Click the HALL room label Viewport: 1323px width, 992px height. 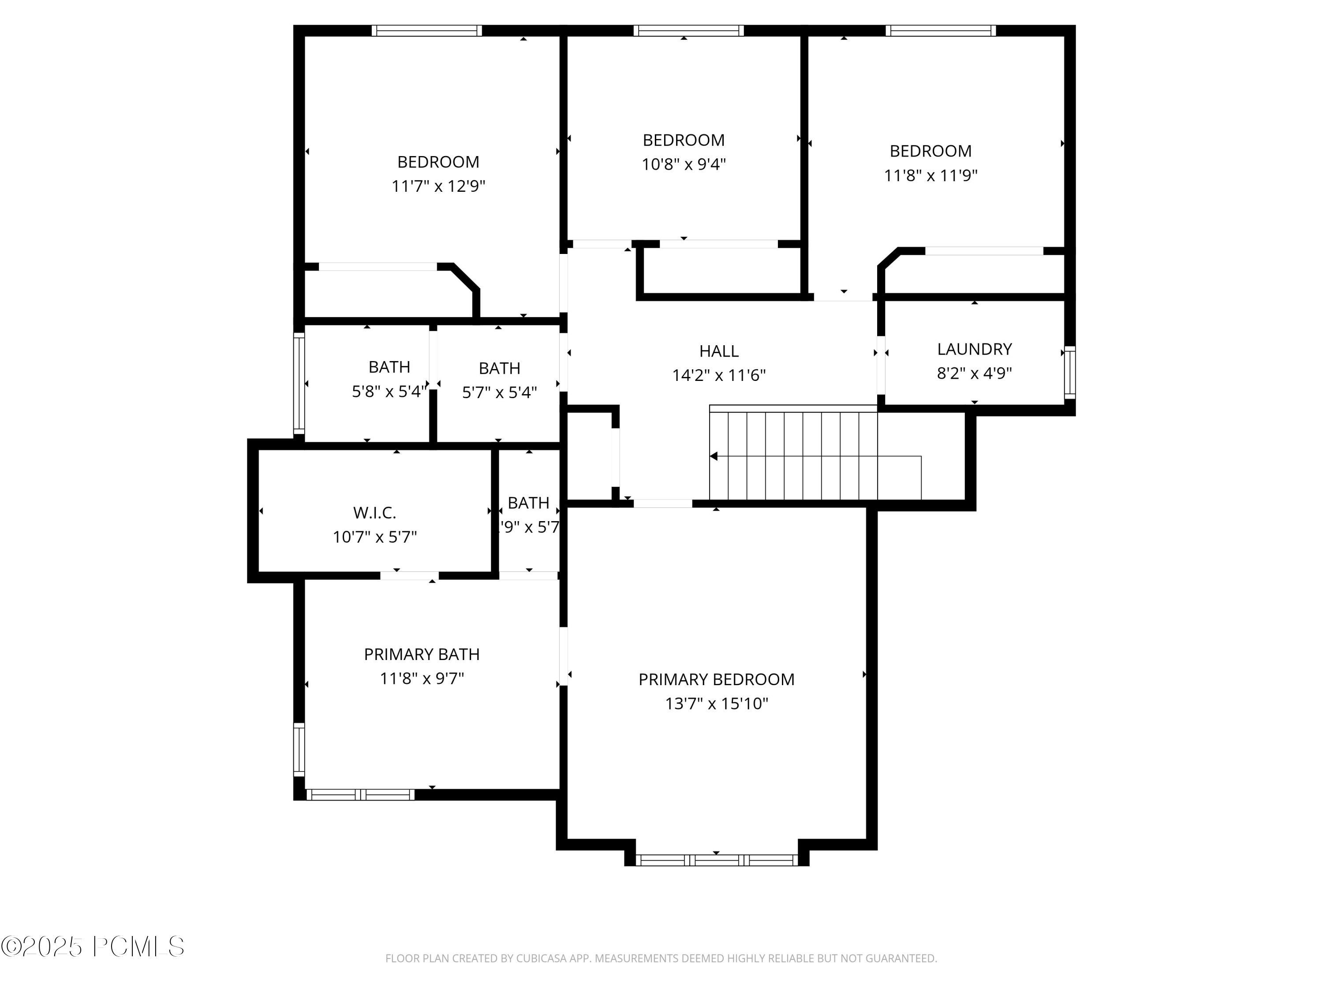pos(719,351)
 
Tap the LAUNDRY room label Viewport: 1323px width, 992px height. pos(974,349)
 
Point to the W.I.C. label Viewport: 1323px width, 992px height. pos(374,512)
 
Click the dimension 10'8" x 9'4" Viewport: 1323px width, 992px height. pos(684,164)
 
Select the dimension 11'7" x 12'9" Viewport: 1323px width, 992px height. pos(438,186)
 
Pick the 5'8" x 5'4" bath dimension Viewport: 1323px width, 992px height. pos(389,392)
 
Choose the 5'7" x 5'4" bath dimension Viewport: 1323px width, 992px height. pos(499,393)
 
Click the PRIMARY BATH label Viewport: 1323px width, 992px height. pos(422,654)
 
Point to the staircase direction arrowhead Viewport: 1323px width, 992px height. pos(714,456)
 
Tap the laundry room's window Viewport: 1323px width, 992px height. pos(1070,373)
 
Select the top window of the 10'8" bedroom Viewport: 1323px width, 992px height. pos(688,30)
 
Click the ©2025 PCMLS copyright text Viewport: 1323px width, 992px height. pos(93,947)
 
